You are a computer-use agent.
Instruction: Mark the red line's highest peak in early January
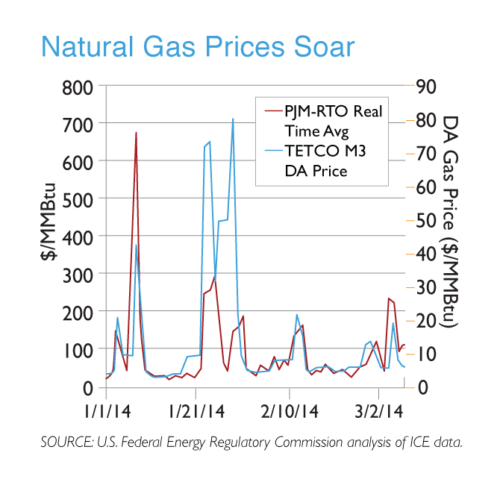(136, 133)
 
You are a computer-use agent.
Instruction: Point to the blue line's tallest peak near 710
(233, 119)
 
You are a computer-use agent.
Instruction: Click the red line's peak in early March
(389, 298)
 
